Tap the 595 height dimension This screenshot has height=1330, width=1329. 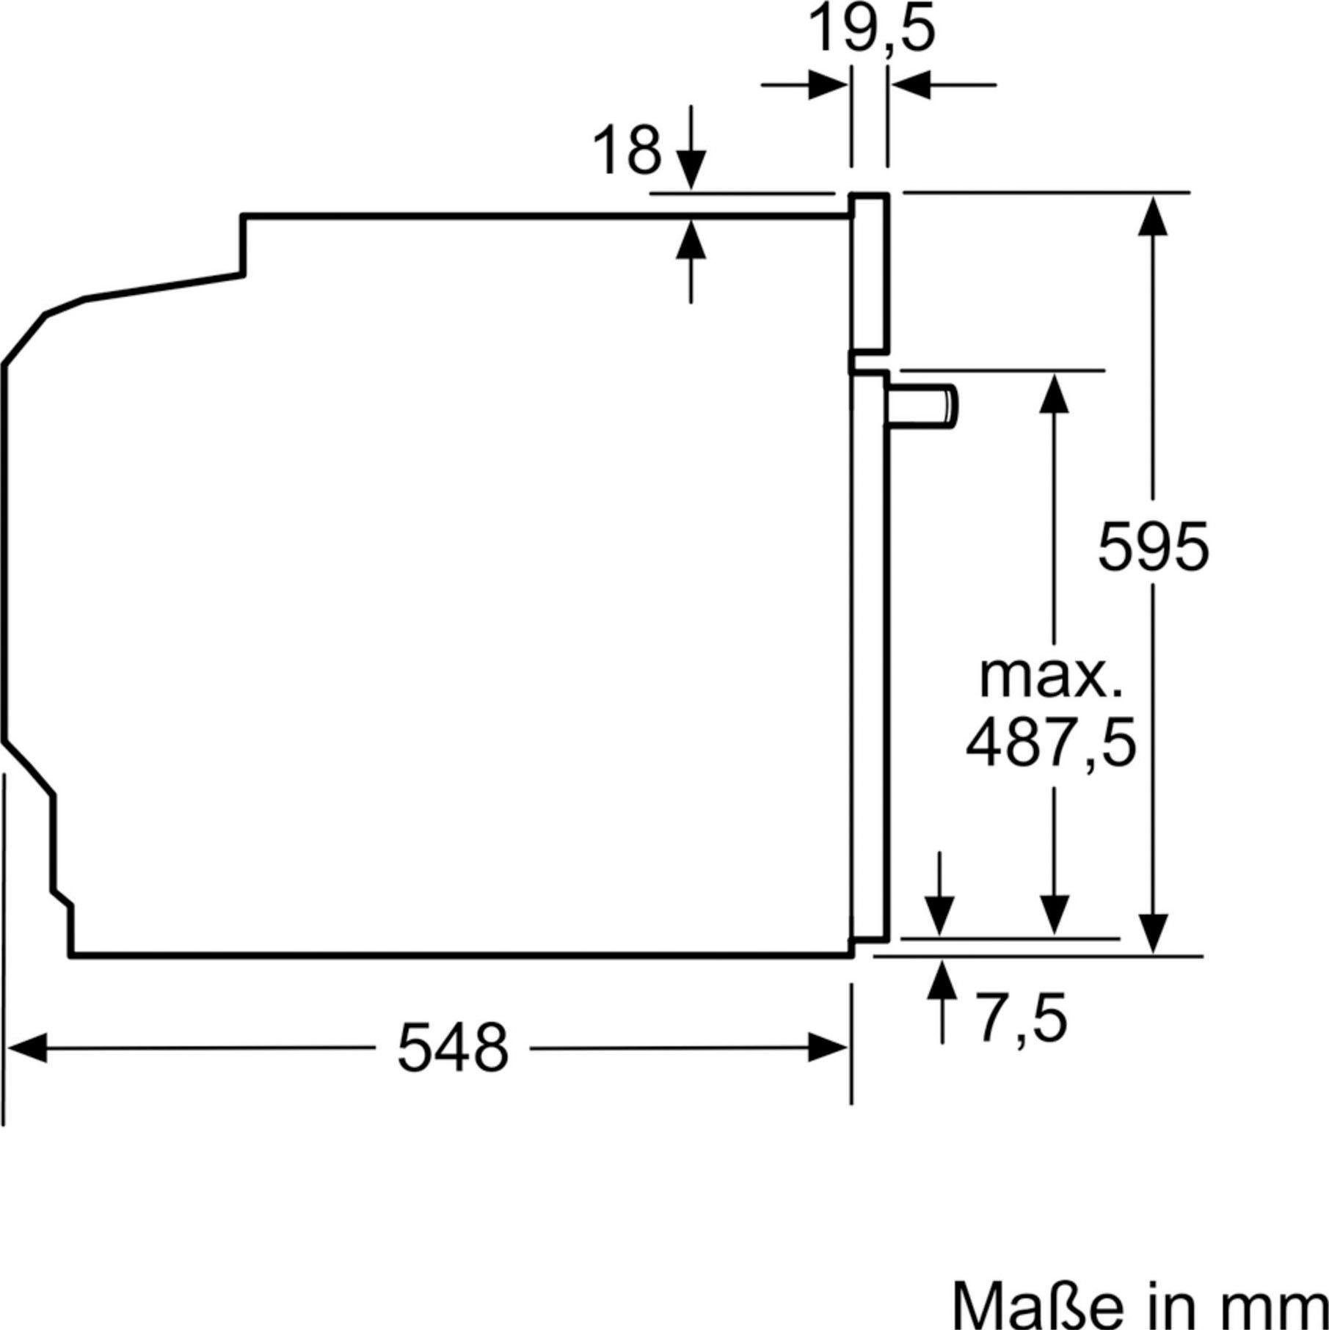(1152, 546)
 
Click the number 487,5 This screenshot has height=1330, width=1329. (1050, 744)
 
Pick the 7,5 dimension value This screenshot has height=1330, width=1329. (1021, 1018)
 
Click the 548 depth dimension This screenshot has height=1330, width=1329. (453, 1048)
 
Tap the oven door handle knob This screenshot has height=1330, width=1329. (923, 406)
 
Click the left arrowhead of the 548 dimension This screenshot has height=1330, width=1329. (26, 1048)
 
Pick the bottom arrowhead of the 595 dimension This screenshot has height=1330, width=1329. (1153, 934)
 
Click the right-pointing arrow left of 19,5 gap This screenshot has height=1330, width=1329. (826, 85)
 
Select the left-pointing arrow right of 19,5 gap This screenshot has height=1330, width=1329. (912, 85)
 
